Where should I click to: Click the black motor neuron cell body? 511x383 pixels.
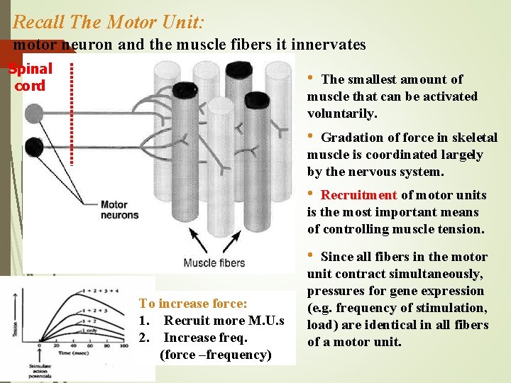coord(33,148)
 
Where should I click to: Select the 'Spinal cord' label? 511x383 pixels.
coord(30,77)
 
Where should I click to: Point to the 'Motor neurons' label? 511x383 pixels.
coord(119,209)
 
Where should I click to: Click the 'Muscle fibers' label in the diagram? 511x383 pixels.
coord(214,263)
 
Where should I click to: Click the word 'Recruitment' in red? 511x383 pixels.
coord(358,195)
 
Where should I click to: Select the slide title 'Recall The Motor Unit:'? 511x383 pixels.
coord(109,22)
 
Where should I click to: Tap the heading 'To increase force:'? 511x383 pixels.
coord(193,304)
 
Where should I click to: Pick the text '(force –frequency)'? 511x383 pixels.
coord(216,355)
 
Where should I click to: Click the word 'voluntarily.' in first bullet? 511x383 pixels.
coord(342,113)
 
